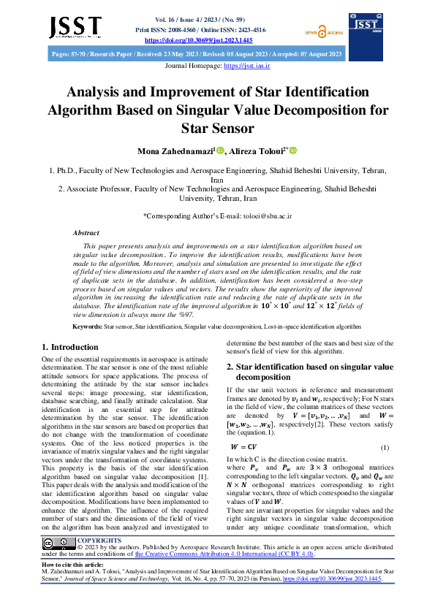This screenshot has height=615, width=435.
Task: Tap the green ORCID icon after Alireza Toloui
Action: pyautogui.click(x=293, y=150)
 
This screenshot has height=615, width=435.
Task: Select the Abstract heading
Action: pyautogui.click(x=86, y=232)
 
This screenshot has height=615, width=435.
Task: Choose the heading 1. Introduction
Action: pyautogui.click(x=70, y=347)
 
